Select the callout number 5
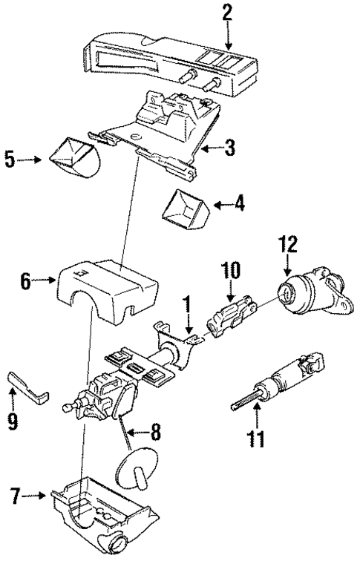(10, 159)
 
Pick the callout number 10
(229, 272)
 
